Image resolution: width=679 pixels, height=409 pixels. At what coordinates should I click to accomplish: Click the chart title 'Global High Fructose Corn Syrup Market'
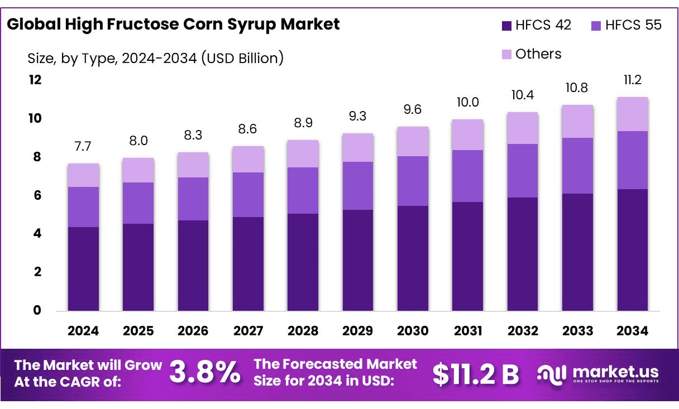pos(173,25)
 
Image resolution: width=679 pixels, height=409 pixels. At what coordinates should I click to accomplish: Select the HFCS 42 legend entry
pos(537,26)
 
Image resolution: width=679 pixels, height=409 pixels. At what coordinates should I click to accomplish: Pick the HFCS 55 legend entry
pos(626,26)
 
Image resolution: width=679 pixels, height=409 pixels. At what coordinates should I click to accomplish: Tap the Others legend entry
pos(532,54)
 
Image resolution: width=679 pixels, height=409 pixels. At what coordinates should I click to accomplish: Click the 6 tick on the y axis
pos(37,196)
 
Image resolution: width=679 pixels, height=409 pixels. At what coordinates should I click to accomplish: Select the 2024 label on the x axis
pos(83,331)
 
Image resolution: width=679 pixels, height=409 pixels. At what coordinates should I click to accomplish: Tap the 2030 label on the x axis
pos(413,331)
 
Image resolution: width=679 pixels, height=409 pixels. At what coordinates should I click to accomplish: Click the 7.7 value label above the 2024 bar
pos(83,147)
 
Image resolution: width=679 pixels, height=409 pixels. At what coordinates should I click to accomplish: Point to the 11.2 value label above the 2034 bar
pos(633,81)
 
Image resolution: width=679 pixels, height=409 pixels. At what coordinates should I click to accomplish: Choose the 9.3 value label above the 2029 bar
pos(358,117)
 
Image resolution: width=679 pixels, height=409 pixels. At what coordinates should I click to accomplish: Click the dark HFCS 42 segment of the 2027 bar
pos(248,263)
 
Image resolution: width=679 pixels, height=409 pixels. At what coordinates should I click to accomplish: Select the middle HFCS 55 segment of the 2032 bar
pos(523,171)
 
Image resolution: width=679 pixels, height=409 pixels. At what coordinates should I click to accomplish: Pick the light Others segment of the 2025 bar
pos(138,170)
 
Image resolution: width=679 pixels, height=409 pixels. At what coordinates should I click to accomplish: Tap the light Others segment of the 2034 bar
pos(633,114)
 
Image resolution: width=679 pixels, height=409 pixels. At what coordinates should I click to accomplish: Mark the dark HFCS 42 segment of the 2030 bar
pos(413,258)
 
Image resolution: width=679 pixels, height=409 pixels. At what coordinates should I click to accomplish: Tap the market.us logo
pos(598,373)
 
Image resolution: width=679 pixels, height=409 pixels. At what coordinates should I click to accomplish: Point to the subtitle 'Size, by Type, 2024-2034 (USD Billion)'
pos(155,57)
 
